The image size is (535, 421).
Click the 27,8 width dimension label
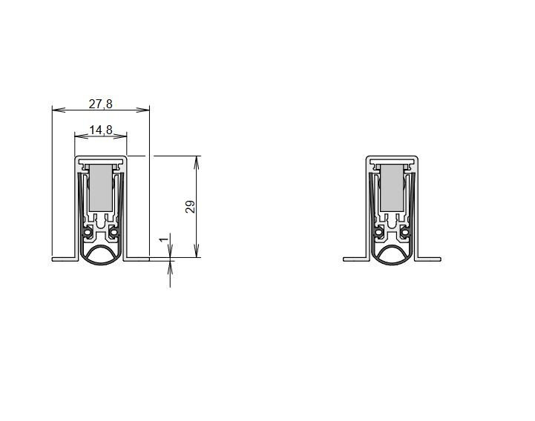100,104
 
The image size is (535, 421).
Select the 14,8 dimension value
101,130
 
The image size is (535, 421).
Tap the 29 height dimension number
191,207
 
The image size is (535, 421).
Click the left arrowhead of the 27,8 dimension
59,110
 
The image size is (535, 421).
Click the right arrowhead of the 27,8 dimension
143,110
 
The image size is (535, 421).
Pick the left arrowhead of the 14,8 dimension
81,136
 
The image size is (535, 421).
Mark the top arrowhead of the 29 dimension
196,162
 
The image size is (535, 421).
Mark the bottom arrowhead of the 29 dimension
196,251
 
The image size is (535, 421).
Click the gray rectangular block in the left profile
101,188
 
